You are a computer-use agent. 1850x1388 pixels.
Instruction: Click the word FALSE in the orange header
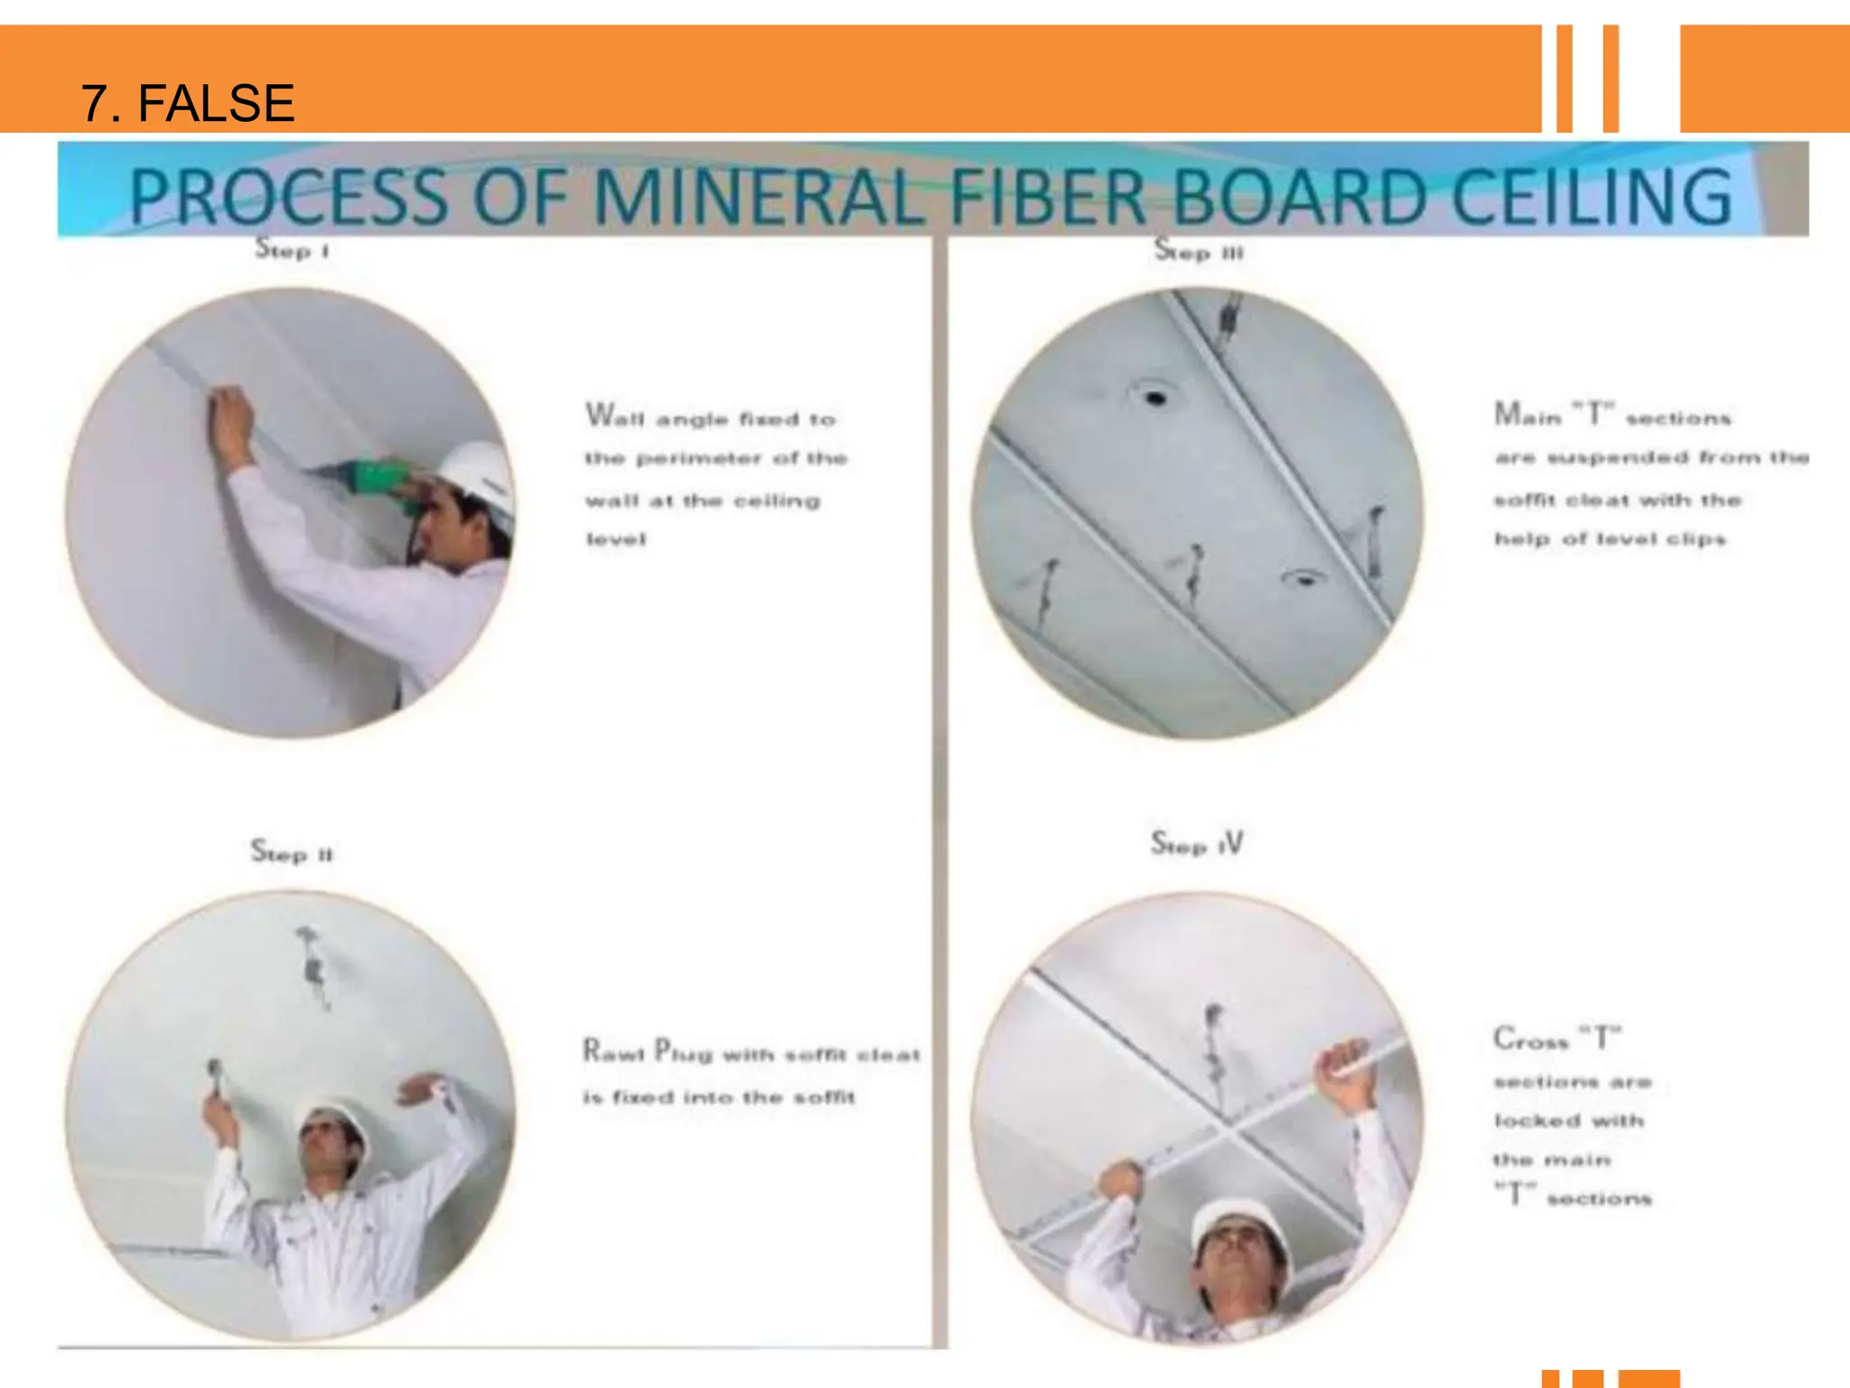[216, 103]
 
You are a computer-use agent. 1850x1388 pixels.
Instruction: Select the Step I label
[291, 249]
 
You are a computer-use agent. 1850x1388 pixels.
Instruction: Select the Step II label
[291, 852]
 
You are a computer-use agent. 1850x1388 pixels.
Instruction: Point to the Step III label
[1199, 250]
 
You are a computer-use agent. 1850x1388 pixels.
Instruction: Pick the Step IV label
[1196, 844]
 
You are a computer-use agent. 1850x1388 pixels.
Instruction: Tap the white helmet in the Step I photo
[476, 475]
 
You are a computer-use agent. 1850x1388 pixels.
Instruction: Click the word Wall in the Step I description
[614, 417]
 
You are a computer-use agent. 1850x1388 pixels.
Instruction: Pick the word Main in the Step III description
[1527, 416]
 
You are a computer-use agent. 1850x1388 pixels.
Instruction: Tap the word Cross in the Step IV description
[1530, 1040]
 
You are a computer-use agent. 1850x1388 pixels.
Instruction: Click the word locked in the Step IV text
[1537, 1121]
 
